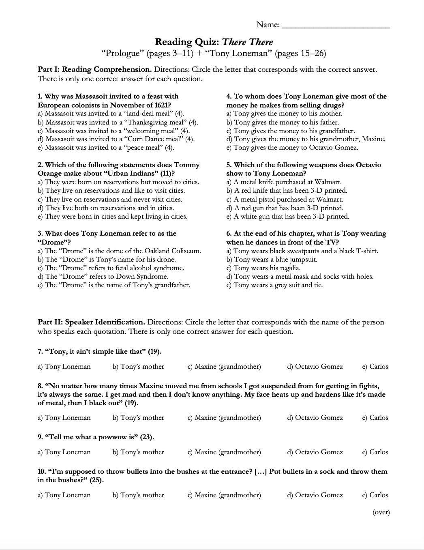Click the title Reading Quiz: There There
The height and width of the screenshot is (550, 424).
[x=214, y=42]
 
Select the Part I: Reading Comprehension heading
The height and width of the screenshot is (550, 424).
[x=94, y=69]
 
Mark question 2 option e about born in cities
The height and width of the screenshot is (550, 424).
[x=112, y=217]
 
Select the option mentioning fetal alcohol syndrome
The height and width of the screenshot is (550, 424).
[x=111, y=268]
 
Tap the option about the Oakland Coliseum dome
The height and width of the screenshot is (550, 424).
[x=119, y=251]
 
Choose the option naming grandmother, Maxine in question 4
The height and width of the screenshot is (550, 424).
[x=306, y=139]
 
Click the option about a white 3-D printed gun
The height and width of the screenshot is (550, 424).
[x=287, y=217]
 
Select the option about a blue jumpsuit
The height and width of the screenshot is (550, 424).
[x=272, y=260]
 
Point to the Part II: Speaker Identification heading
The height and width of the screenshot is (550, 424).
[x=91, y=322]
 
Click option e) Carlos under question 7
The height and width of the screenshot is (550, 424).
[x=375, y=367]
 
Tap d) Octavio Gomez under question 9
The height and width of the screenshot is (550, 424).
[x=315, y=452]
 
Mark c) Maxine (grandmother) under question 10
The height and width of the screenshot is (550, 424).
[x=224, y=495]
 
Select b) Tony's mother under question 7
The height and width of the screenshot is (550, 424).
[x=138, y=367]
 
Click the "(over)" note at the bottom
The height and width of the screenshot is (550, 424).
[x=381, y=512]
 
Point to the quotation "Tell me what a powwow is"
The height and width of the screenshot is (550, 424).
[x=96, y=437]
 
